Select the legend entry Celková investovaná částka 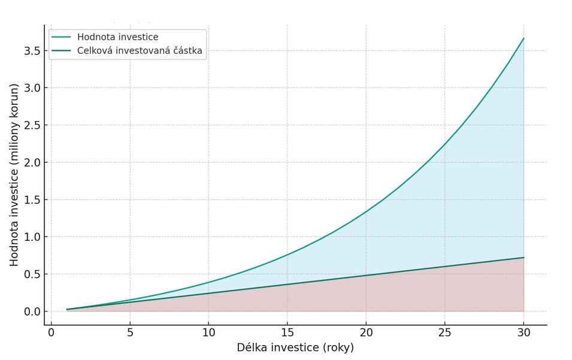coord(140,51)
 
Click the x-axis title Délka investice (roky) coord(295,348)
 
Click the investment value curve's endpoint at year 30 coord(523,38)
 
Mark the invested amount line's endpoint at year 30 coord(523,258)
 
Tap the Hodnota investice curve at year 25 coord(444,144)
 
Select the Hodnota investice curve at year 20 coord(366,211)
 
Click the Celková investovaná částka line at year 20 coord(366,276)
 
